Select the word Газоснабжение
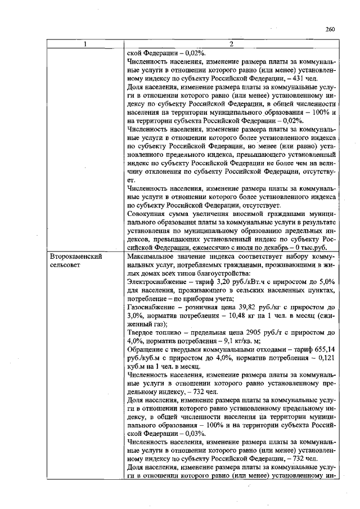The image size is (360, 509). pyautogui.click(x=152, y=307)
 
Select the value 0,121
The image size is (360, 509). pyautogui.click(x=326, y=358)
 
